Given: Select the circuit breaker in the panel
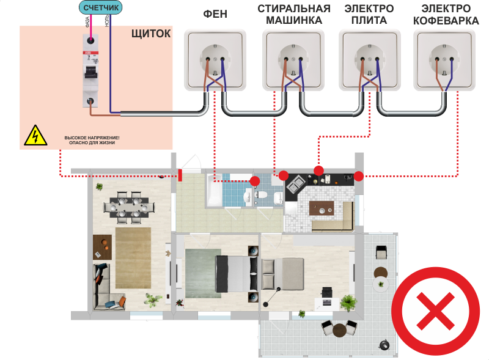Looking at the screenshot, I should click(x=90, y=70).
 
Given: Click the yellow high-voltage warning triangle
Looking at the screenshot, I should click(x=35, y=136).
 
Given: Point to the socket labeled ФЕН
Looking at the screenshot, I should click(x=215, y=61).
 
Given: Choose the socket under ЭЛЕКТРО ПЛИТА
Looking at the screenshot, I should click(x=369, y=61).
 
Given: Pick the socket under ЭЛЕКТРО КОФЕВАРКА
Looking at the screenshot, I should click(x=444, y=61).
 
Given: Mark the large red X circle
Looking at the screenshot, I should click(x=436, y=310).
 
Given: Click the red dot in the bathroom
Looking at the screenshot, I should click(x=255, y=181).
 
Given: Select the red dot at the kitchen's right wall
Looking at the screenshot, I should click(x=359, y=177).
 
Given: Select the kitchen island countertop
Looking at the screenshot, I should click(x=322, y=208).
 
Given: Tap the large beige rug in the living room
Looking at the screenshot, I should click(x=133, y=257).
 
